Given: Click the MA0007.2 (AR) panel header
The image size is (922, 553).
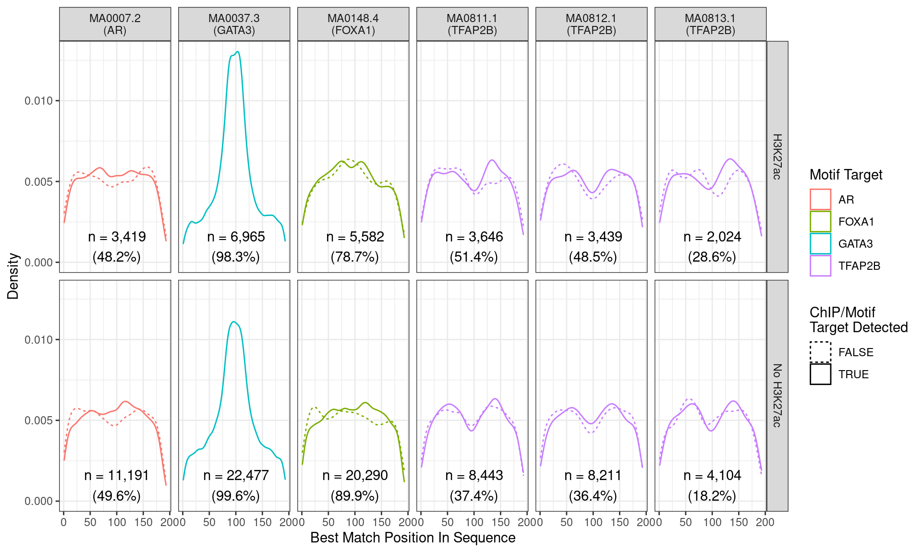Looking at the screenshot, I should (x=115, y=24).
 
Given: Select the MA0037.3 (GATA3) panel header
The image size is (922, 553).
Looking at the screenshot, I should (x=234, y=24).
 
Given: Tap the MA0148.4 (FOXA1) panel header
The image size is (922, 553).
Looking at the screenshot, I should (x=353, y=24).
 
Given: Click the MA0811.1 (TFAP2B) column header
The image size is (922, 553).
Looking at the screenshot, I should (x=472, y=24).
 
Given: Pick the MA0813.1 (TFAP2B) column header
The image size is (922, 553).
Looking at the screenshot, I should (x=710, y=24).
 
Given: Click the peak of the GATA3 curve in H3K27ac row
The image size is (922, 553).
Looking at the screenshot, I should (x=237, y=52).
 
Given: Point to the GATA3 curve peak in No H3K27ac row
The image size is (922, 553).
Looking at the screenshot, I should (x=233, y=322).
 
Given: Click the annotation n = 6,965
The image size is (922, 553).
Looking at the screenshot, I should (x=236, y=237).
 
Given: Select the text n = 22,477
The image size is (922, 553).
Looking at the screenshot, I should (x=236, y=475).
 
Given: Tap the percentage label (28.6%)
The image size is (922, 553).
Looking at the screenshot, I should (x=712, y=257).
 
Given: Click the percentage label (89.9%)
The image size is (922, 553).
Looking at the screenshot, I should (x=354, y=495).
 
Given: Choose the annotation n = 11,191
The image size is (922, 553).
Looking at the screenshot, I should (x=117, y=475).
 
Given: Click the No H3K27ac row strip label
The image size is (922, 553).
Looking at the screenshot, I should (x=777, y=396).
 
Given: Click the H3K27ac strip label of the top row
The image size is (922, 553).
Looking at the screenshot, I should (x=777, y=156).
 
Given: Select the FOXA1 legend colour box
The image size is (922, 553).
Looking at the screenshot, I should (x=820, y=222).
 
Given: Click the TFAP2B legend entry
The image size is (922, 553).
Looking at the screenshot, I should (x=859, y=266).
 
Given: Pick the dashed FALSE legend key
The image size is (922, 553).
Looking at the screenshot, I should (x=820, y=352).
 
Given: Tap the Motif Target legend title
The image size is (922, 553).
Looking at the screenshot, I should (x=846, y=175).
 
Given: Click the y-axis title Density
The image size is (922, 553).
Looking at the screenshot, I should (x=13, y=276).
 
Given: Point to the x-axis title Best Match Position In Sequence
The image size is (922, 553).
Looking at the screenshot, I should (x=412, y=538).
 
